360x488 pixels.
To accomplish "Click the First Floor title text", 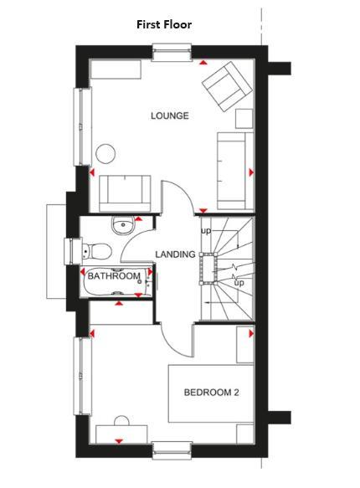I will [x=164, y=25].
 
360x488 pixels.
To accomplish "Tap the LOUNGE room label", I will [x=169, y=116].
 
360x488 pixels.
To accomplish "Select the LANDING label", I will [x=175, y=254].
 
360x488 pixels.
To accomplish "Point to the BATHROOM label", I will [x=114, y=276].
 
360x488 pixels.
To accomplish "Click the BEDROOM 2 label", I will [x=213, y=392].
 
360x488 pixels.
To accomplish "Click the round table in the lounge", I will [x=106, y=154].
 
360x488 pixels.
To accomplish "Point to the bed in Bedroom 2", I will [x=212, y=393].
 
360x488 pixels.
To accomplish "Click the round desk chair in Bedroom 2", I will [x=121, y=423].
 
